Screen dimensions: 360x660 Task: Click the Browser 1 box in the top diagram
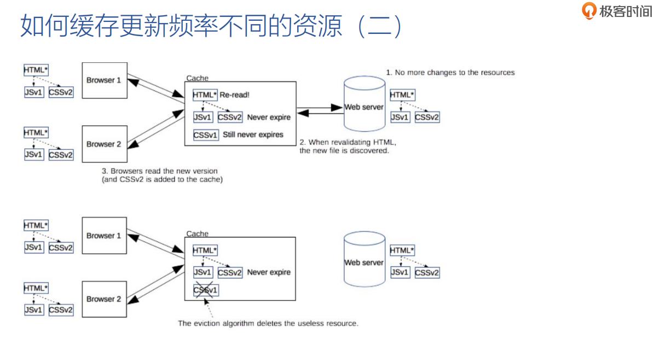[x=104, y=80]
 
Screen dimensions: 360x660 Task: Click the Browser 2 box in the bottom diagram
[x=104, y=299]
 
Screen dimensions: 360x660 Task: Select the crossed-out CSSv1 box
[x=206, y=290]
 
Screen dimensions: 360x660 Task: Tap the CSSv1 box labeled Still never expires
[x=206, y=135]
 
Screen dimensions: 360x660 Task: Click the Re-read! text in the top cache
[x=235, y=95]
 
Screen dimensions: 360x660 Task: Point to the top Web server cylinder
[x=364, y=104]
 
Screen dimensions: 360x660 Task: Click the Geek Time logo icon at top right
[x=589, y=11]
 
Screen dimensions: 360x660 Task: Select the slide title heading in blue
[x=211, y=26]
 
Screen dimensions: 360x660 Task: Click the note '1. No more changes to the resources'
[x=450, y=72]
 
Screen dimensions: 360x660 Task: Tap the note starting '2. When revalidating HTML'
[x=347, y=146]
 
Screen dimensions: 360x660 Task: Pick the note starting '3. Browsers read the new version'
[x=162, y=175]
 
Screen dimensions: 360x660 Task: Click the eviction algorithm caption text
[x=268, y=323]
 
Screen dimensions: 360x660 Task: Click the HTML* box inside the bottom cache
[x=205, y=250]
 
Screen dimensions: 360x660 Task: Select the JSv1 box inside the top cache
[x=202, y=117]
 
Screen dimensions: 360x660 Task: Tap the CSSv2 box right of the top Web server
[x=427, y=117]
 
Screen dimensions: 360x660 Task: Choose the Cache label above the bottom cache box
[x=197, y=234]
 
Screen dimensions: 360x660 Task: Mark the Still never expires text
[x=253, y=135]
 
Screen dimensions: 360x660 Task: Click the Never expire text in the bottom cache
[x=269, y=272]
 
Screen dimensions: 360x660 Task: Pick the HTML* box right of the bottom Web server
[x=402, y=250]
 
